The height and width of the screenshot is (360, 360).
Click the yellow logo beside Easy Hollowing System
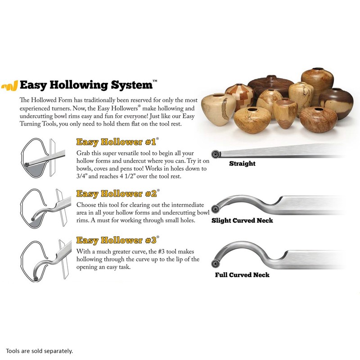pos(9,85)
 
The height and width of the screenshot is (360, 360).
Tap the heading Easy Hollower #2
pos(116,194)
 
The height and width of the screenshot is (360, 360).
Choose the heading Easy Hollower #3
pos(116,240)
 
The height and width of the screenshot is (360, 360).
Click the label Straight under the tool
pos(242,163)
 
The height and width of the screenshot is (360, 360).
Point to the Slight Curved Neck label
pos(242,220)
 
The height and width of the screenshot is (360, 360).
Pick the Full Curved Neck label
pos(242,274)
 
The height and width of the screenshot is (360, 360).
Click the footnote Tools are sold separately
pos(39,351)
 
